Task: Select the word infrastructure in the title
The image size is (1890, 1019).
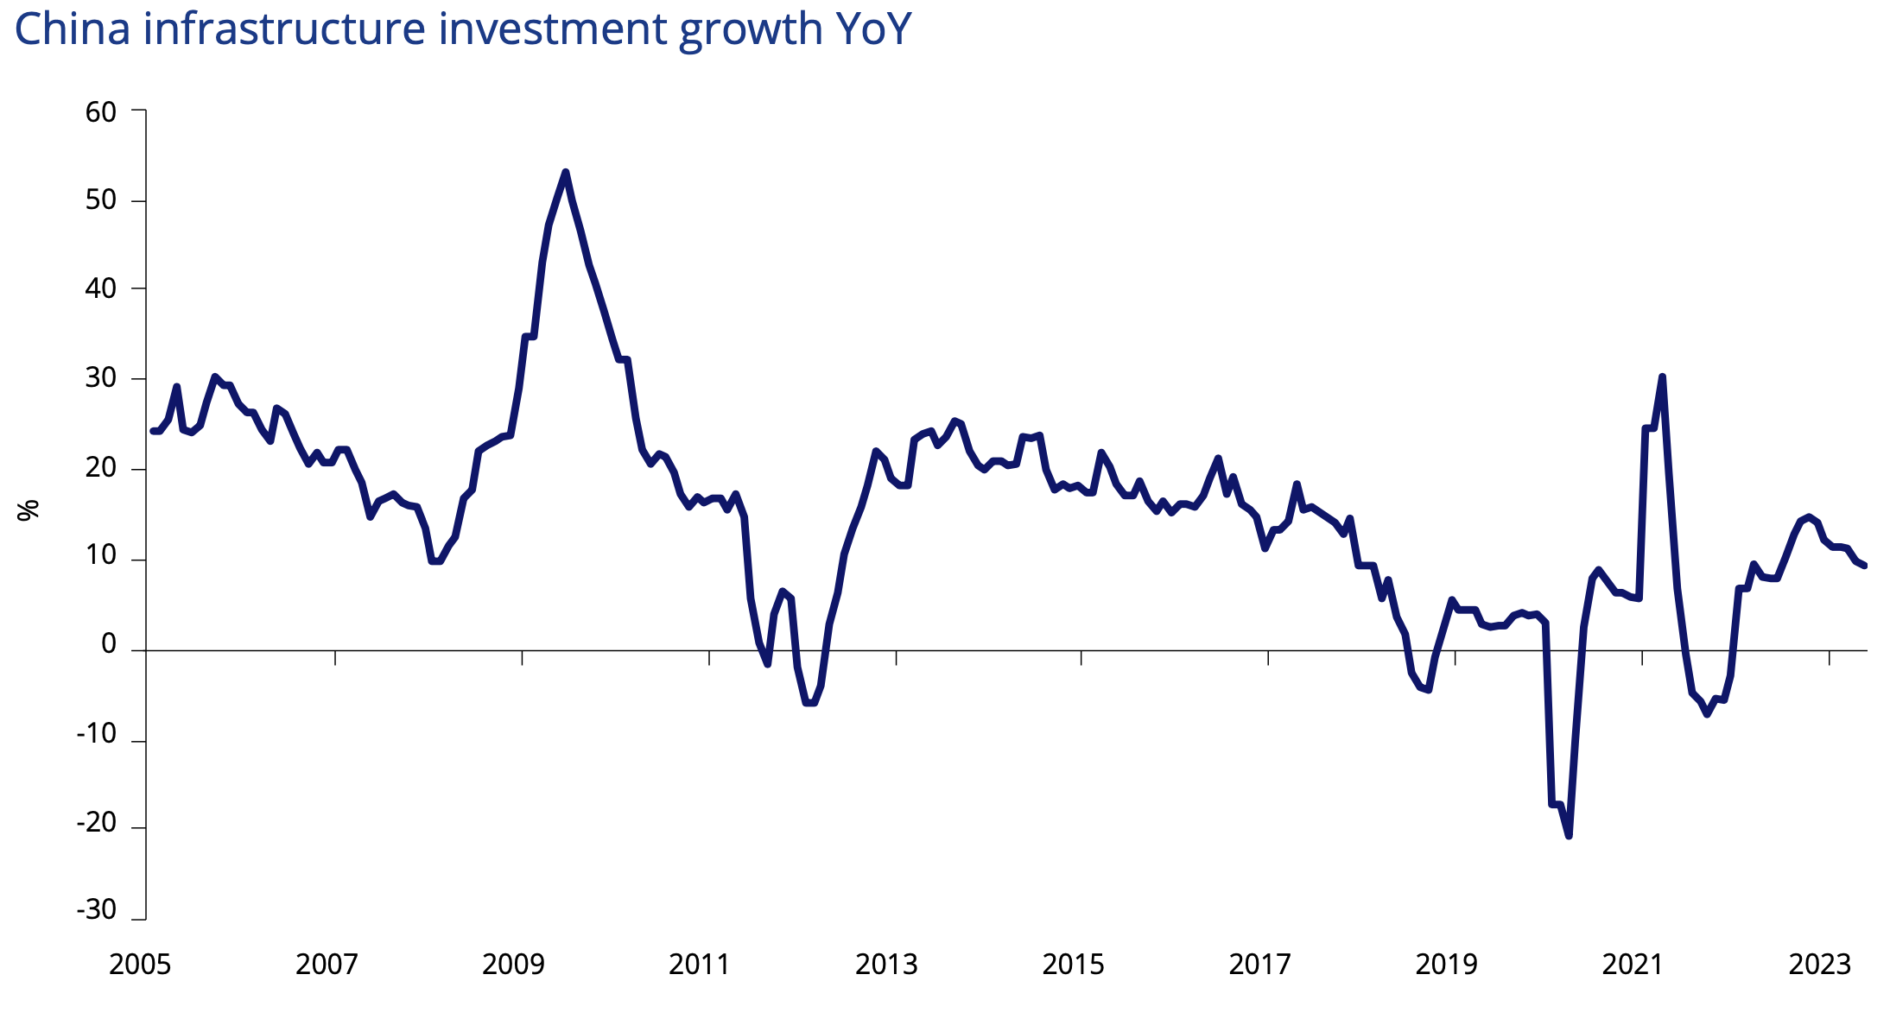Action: tap(284, 28)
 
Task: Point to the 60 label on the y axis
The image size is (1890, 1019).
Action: tap(101, 111)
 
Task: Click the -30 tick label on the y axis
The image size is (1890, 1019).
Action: tap(97, 909)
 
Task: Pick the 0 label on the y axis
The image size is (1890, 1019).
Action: tap(109, 643)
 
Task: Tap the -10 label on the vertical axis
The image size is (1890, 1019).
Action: tap(97, 733)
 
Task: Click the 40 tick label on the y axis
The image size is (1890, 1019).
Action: tap(101, 288)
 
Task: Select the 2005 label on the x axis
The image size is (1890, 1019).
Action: tap(140, 964)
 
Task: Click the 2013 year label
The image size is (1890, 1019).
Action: tap(886, 964)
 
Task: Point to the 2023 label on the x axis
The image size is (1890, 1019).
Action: tap(1819, 964)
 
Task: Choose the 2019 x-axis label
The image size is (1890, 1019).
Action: tap(1446, 964)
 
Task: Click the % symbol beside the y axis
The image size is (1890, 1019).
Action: tap(29, 509)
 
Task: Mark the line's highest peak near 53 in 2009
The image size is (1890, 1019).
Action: tap(565, 172)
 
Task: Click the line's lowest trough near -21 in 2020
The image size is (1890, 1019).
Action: tap(1569, 836)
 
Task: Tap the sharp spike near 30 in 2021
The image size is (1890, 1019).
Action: tap(1662, 377)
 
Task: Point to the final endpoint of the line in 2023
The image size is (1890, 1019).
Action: tap(1865, 566)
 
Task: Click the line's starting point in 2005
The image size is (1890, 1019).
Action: tap(153, 431)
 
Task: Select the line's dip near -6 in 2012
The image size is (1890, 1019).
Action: tap(810, 703)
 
